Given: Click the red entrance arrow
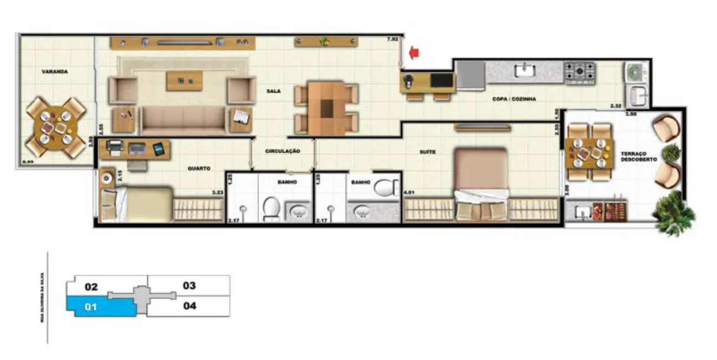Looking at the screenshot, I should point(414,53).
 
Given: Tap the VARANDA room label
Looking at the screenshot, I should point(55,71).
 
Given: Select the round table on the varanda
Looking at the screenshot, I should point(55,127).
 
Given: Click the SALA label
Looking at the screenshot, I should point(273,91).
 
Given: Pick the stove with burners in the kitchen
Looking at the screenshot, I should point(579,72).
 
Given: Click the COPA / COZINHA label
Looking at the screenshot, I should point(514,99).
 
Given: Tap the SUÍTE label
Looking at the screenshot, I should point(427,151).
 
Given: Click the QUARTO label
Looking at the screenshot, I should point(198,168).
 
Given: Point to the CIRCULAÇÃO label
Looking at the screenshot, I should point(283,151).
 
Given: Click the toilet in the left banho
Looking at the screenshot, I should point(272,209).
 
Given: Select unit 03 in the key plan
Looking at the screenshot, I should point(189,286).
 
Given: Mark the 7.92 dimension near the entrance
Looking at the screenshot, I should point(392,39).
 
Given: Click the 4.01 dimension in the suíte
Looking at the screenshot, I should point(409,193).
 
